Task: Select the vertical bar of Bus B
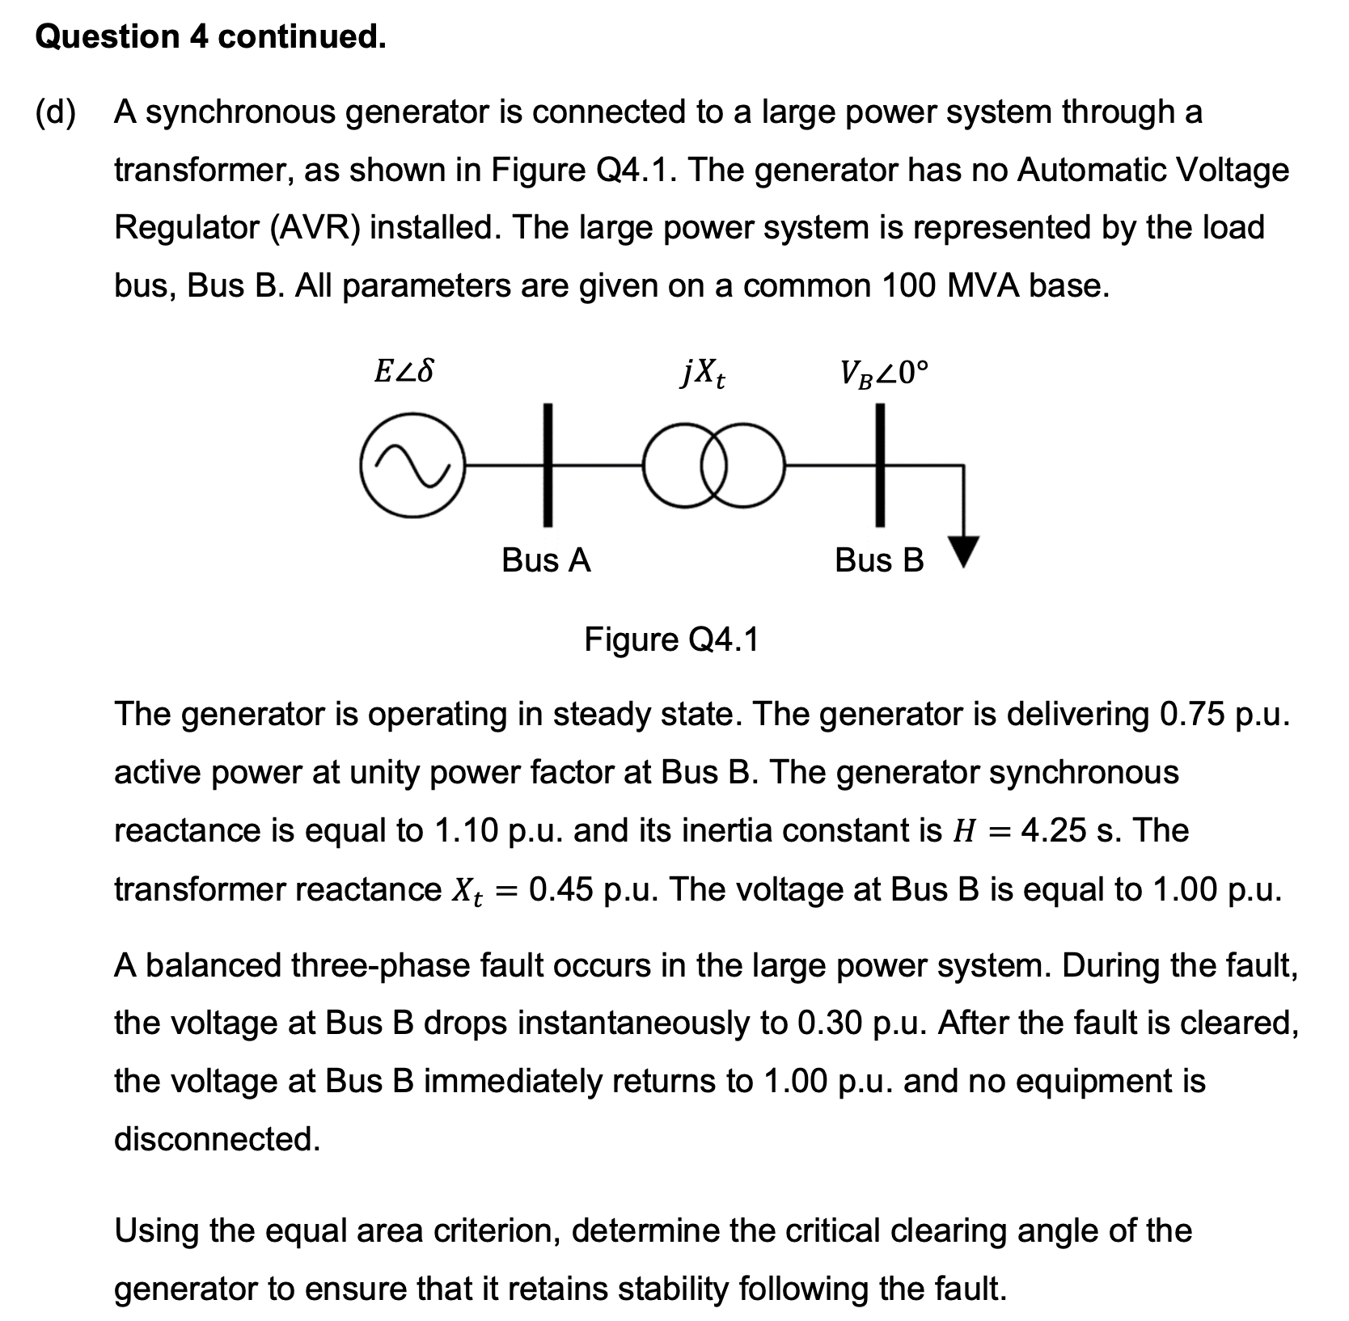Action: point(880,466)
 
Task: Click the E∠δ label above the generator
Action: point(404,372)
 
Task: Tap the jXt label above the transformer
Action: point(702,374)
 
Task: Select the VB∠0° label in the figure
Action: point(884,374)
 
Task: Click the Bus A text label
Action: point(546,560)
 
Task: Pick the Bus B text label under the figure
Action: point(879,560)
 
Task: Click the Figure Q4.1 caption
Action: point(672,639)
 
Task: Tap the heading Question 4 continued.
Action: point(210,37)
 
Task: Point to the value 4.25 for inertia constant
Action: point(1054,831)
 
